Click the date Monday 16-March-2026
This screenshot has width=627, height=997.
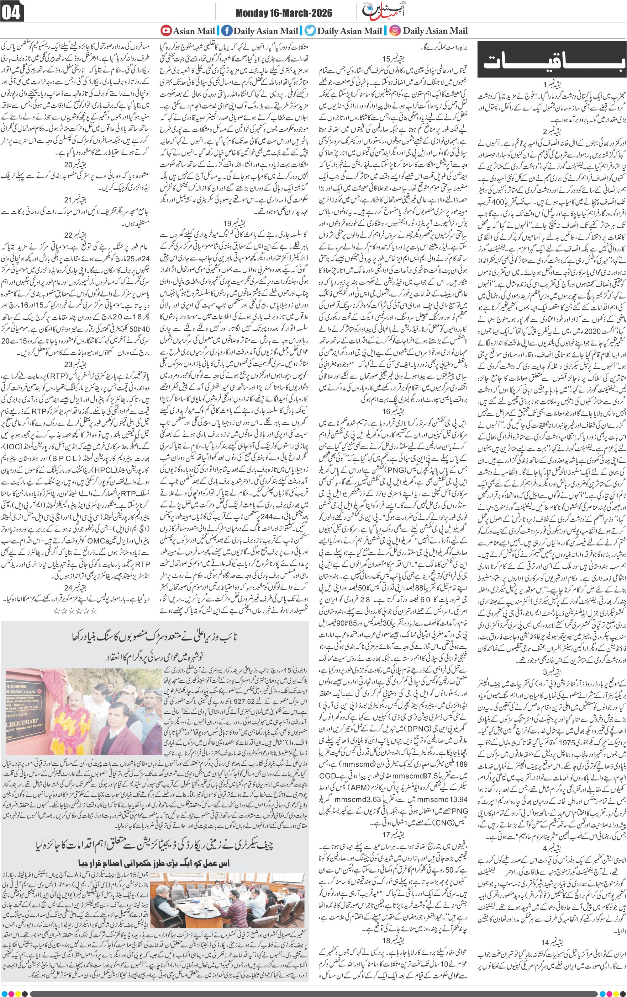point(284,14)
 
